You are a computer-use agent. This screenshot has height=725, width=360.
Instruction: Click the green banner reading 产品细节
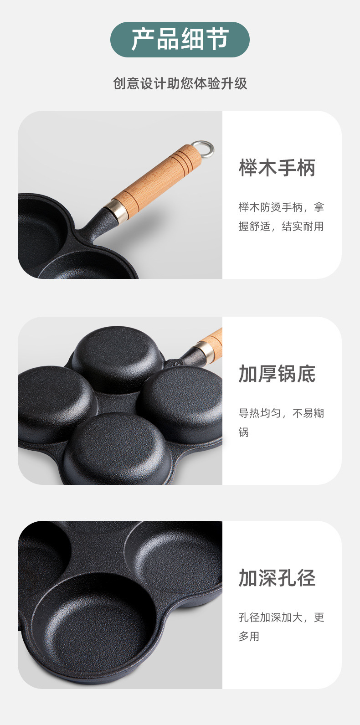[x=180, y=40]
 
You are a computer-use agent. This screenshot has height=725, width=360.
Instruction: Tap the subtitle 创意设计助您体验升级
[x=180, y=84]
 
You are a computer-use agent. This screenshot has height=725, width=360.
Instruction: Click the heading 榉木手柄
[x=277, y=168]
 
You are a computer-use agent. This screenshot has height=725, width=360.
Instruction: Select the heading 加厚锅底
[x=277, y=374]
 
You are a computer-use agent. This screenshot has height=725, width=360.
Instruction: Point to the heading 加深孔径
[x=277, y=578]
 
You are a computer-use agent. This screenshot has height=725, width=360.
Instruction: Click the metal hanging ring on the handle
[x=202, y=148]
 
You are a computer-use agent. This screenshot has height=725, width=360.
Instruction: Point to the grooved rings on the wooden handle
[x=180, y=159]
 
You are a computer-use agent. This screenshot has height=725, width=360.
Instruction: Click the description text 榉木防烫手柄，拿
[x=281, y=207]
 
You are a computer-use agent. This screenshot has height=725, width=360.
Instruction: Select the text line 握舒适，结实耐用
[x=281, y=226]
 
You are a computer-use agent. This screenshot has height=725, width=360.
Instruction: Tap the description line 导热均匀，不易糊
[x=281, y=413]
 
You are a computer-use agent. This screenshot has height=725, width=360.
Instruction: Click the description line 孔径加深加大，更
[x=281, y=617]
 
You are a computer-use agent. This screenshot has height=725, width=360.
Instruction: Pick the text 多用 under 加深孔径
[x=249, y=637]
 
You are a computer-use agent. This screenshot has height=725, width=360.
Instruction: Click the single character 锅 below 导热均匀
[x=244, y=432]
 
